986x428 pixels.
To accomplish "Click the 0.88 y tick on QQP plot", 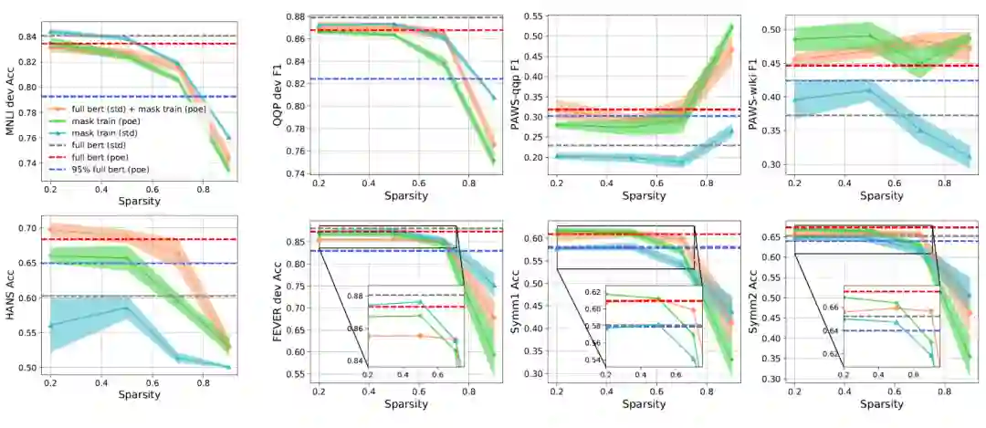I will click(x=292, y=16).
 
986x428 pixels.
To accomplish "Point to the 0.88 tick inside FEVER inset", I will click(x=353, y=297).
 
